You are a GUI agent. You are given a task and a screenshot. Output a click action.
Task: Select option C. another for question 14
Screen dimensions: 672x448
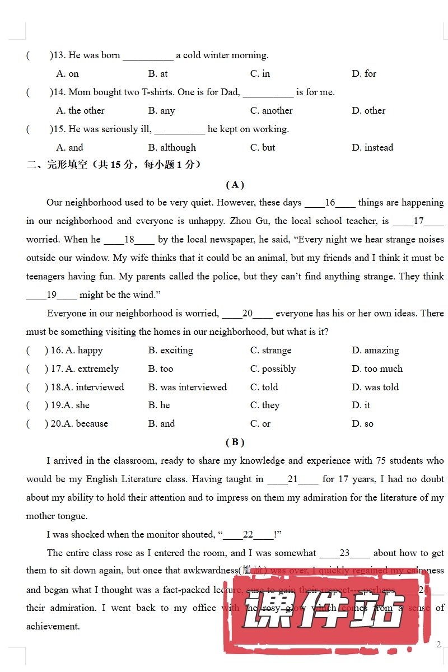point(271,111)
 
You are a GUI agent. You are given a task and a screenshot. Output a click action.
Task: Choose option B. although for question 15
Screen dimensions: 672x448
point(172,148)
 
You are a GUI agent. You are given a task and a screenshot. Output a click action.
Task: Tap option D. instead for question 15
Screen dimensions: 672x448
point(372,148)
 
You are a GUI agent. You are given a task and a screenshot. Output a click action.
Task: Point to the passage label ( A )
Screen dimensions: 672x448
point(235,184)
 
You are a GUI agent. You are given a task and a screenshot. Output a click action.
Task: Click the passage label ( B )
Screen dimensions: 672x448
point(235,442)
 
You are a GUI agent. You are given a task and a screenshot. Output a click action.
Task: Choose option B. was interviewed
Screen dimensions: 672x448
point(187,388)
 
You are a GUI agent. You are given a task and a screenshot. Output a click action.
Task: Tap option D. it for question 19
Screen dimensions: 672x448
point(361,405)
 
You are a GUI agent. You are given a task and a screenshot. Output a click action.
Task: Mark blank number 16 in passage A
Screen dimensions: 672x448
point(330,203)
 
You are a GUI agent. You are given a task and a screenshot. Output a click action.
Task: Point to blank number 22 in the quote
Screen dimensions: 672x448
point(248,535)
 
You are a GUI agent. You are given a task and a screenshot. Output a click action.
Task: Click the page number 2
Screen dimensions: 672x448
point(438,645)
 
